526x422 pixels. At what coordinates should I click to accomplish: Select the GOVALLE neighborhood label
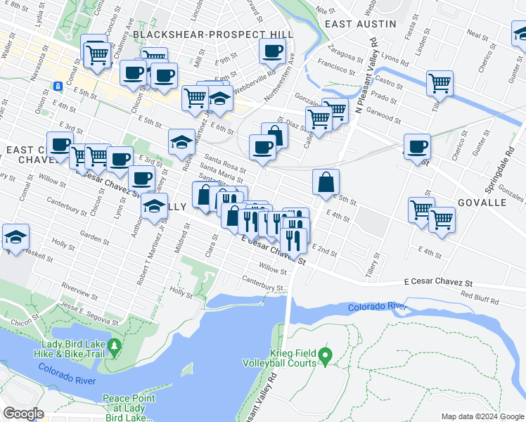pos(482,202)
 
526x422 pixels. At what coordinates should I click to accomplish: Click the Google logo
pos(24,413)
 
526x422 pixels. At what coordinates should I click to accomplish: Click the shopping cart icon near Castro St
pos(440,82)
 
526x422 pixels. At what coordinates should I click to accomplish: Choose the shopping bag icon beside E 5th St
pos(326,182)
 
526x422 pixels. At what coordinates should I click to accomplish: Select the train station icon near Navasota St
pos(58,87)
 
